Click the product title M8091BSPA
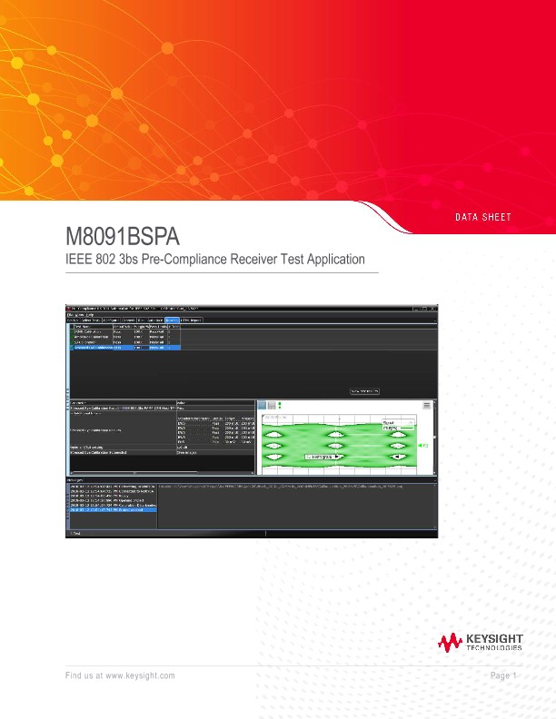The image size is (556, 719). tap(123, 238)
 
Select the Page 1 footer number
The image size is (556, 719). tap(502, 676)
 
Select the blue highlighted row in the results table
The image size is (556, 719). tap(125, 348)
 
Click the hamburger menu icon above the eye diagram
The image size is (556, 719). tap(272, 405)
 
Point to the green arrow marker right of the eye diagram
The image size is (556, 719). tap(421, 447)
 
